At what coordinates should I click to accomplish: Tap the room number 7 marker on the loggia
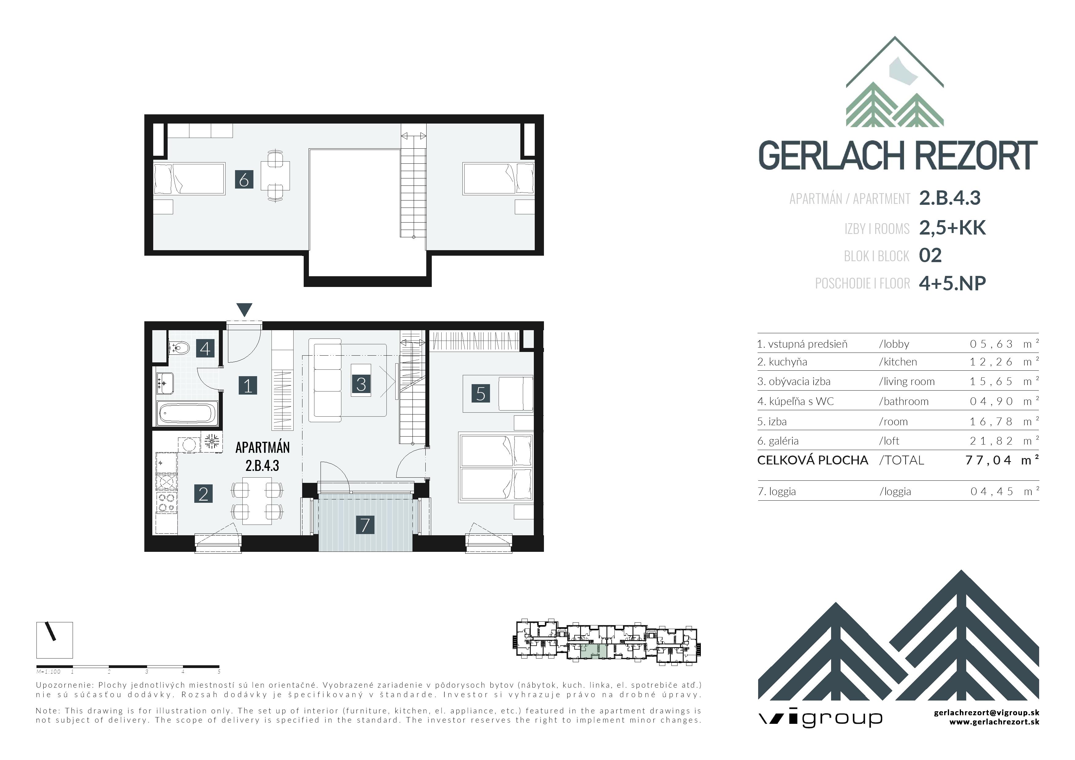click(x=365, y=525)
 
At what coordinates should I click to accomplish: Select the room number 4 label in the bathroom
click(x=205, y=348)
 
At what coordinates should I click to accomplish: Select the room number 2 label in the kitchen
click(x=203, y=494)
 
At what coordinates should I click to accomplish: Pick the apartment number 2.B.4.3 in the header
click(x=950, y=198)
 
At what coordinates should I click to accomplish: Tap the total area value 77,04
click(x=988, y=460)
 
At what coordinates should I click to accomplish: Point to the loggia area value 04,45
click(x=991, y=491)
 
